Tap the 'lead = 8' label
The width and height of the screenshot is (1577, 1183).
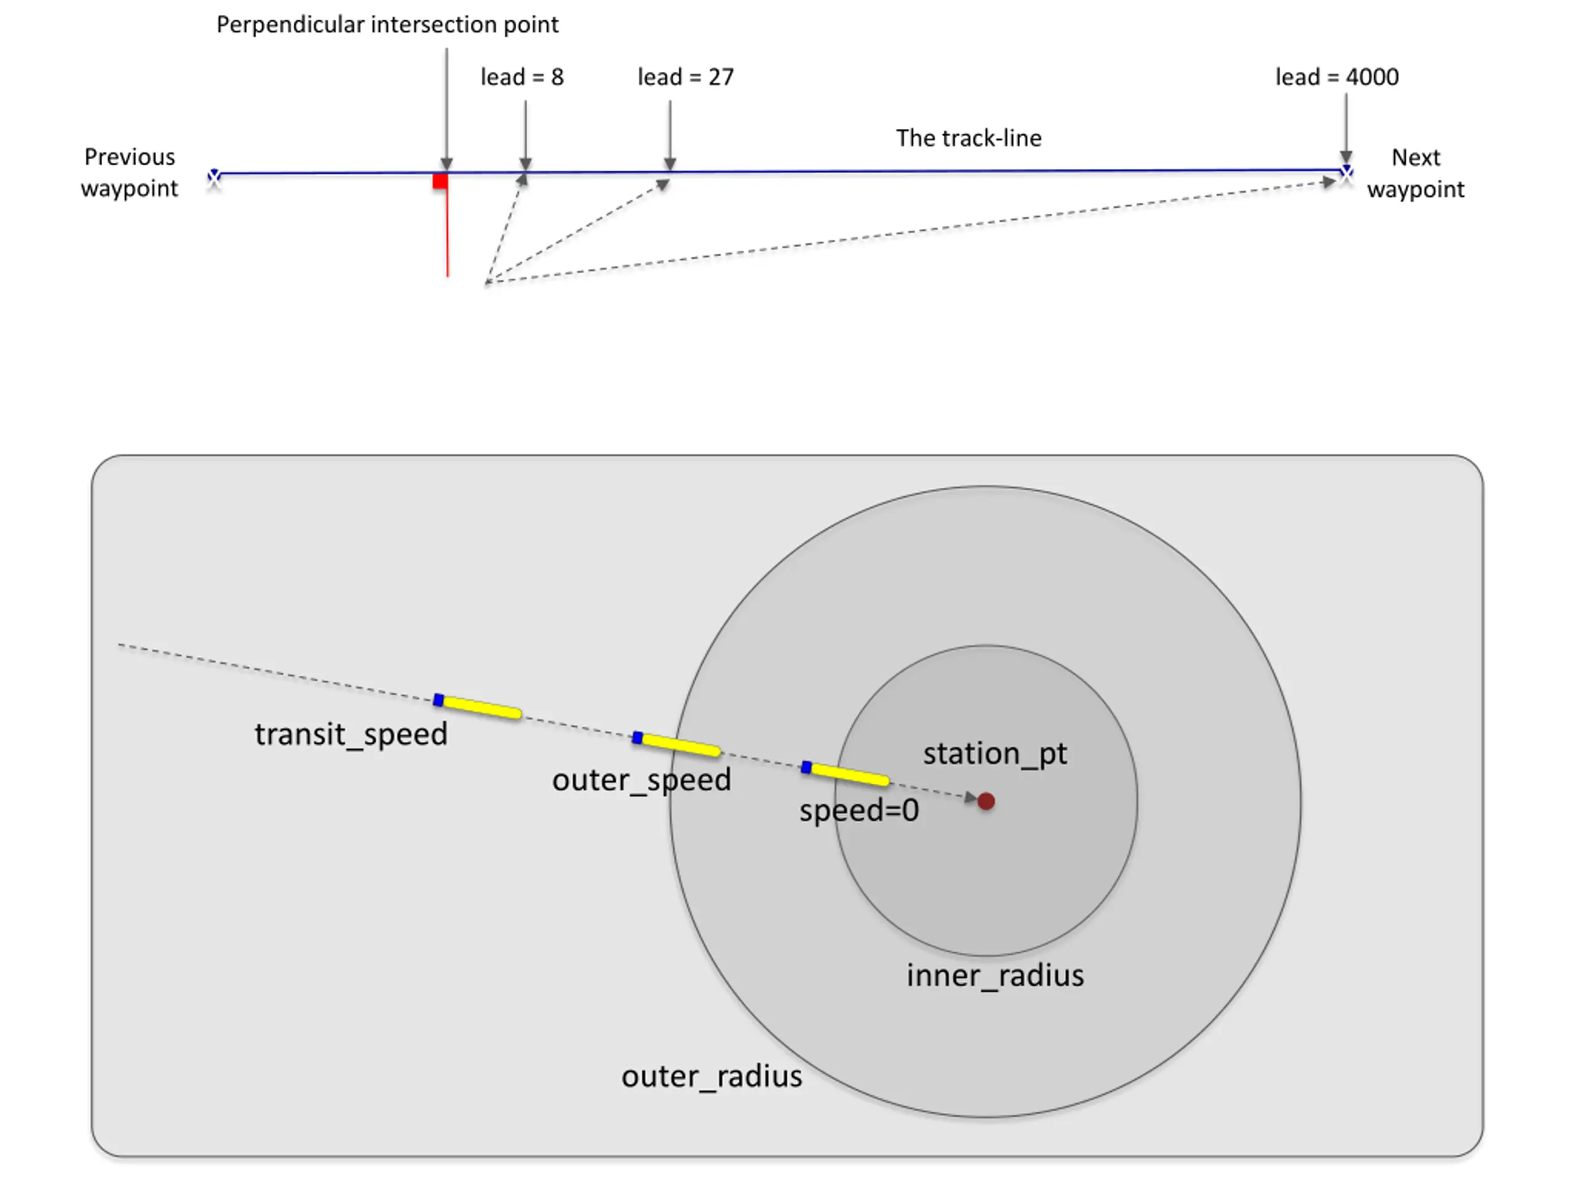coord(522,77)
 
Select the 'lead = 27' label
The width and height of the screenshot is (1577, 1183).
coord(685,77)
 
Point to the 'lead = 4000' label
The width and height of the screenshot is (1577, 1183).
coord(1337,77)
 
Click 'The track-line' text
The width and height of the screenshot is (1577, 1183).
coord(968,139)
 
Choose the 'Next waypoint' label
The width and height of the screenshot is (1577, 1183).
coord(1415,173)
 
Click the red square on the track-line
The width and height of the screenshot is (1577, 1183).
coord(440,181)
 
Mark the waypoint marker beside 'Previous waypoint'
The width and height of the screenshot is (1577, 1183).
coord(214,177)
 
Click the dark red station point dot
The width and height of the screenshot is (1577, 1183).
coord(986,802)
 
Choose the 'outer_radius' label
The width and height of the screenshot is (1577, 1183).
coord(711,1076)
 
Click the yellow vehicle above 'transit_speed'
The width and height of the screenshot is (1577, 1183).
coord(477,707)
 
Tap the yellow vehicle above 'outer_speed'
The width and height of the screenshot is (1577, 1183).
coord(676,744)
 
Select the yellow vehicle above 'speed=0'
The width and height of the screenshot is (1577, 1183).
coord(846,774)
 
